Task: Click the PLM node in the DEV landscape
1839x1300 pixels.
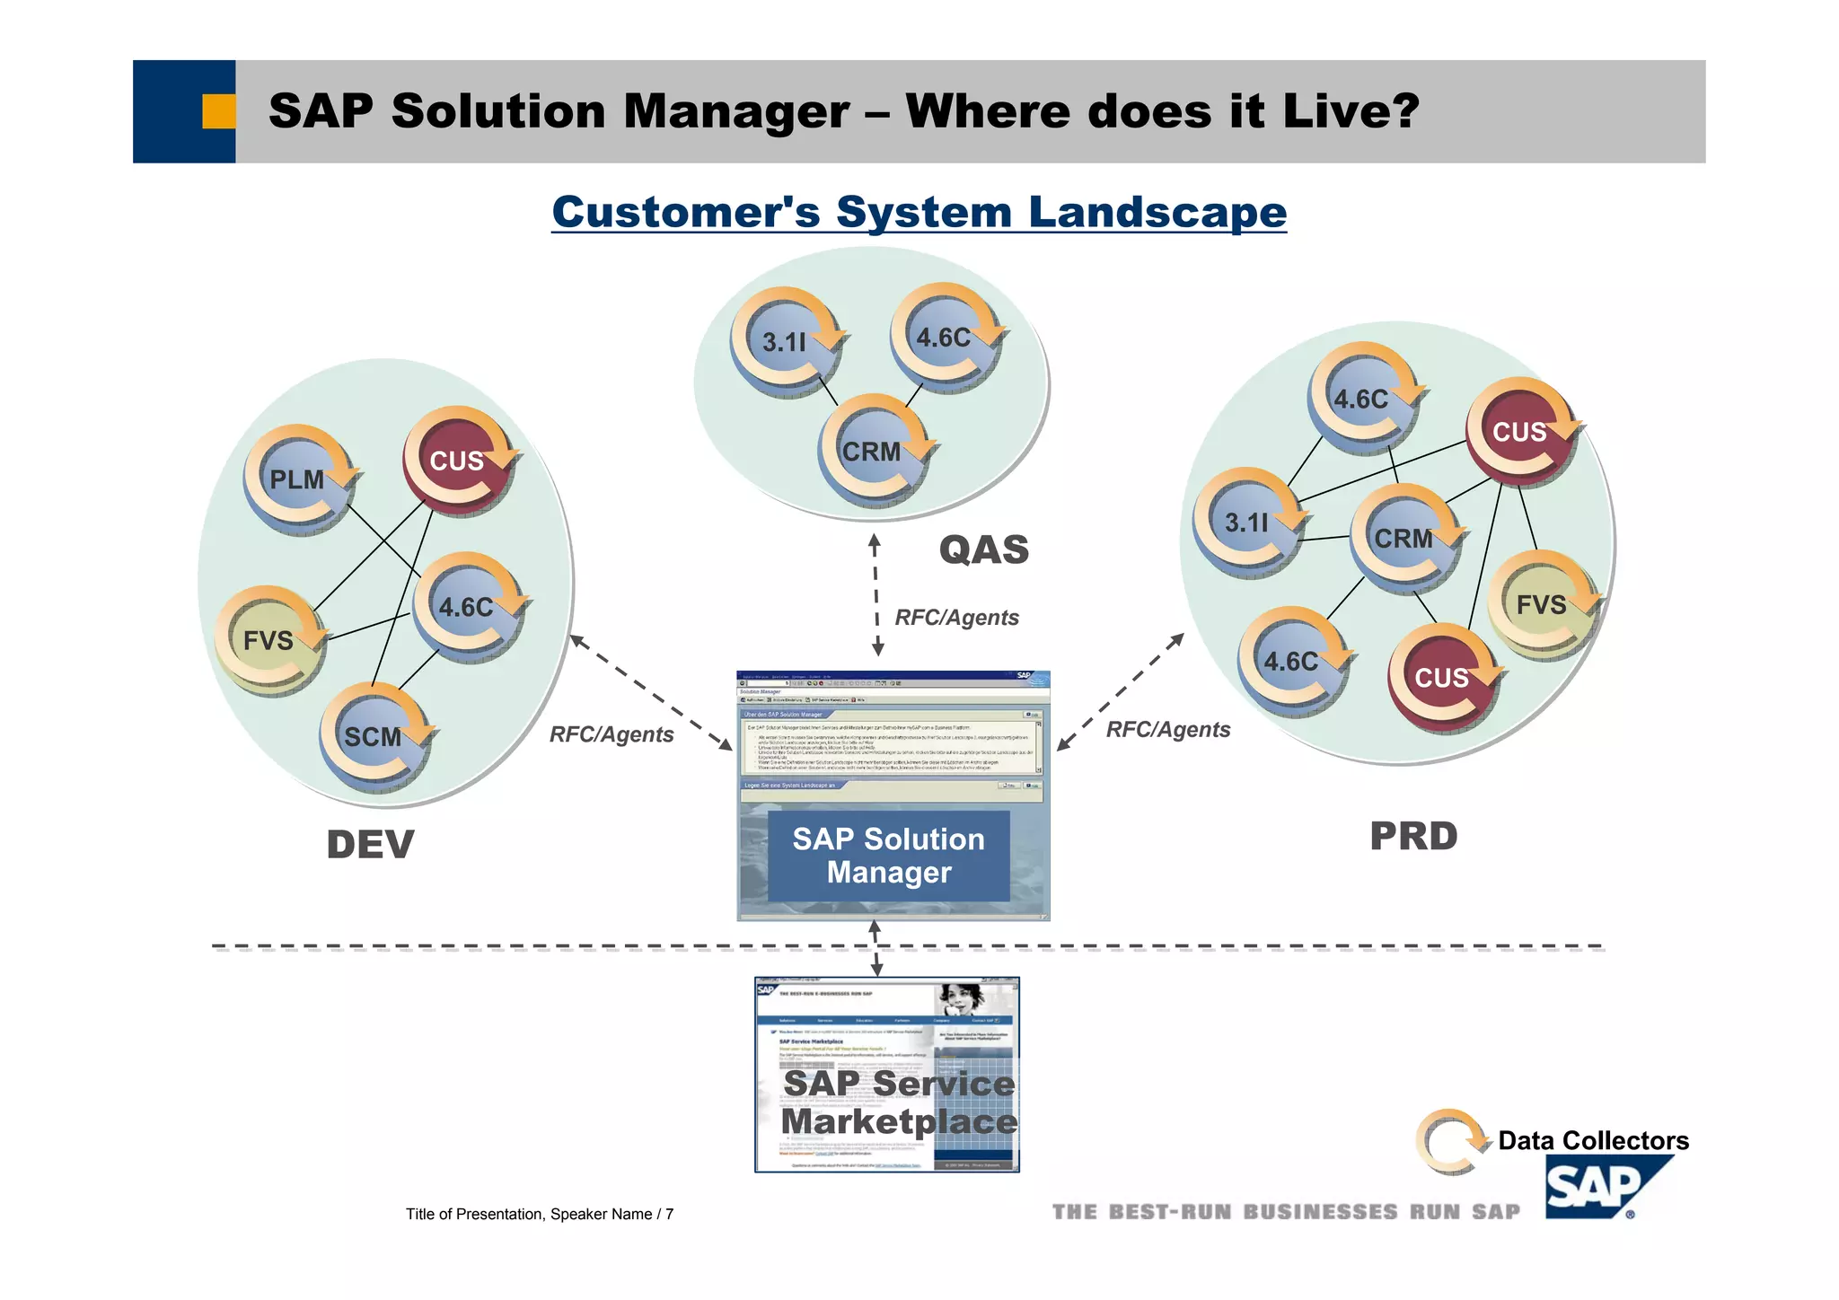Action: point(297,480)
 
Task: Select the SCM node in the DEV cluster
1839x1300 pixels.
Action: point(374,737)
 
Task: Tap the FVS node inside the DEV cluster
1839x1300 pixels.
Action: point(268,641)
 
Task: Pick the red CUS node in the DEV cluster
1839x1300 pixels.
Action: point(456,461)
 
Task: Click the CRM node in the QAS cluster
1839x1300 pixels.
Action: point(871,452)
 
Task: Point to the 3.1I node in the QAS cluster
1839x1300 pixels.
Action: point(784,342)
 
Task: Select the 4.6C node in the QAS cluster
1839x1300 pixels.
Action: point(943,338)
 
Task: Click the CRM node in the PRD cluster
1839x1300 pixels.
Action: point(1403,539)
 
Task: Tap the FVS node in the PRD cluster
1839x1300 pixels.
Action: point(1541,605)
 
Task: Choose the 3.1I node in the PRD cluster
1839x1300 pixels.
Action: point(1246,523)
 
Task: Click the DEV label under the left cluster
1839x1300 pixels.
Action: point(370,845)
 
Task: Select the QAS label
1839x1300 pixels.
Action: point(983,549)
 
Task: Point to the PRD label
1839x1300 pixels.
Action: point(1413,836)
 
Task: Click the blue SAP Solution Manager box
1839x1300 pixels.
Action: point(889,856)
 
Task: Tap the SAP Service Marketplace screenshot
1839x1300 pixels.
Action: point(887,1075)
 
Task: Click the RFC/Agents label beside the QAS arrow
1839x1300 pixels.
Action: point(956,618)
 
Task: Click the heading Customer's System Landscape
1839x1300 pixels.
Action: point(919,213)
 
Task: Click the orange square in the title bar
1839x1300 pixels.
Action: point(218,111)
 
